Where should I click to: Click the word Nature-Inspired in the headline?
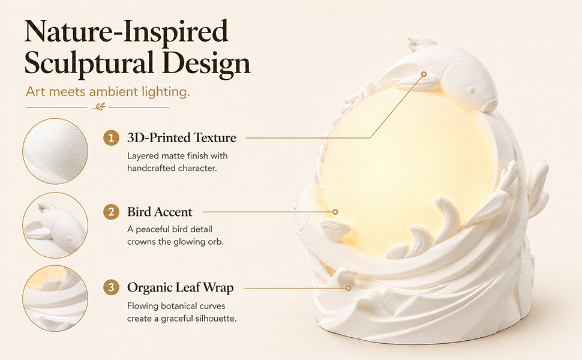pos(126,32)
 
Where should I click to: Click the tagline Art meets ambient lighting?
pos(107,92)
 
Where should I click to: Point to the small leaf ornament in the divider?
pos(98,107)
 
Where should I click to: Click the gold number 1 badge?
pos(111,138)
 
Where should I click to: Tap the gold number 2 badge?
pos(111,212)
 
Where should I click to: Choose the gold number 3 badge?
pos(111,287)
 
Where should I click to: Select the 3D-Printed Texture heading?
pos(182,138)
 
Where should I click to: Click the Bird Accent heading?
pos(160,212)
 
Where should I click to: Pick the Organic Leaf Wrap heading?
pos(181,288)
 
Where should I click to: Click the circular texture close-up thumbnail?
pos(55,151)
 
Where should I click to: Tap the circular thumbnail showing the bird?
pos(55,225)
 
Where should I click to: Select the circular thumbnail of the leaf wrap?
pos(55,298)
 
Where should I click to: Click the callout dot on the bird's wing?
pos(424,74)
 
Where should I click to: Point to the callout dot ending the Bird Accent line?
pos(335,212)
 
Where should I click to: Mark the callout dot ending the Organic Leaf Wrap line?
pos(348,288)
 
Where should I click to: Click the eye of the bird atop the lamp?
pos(471,89)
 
